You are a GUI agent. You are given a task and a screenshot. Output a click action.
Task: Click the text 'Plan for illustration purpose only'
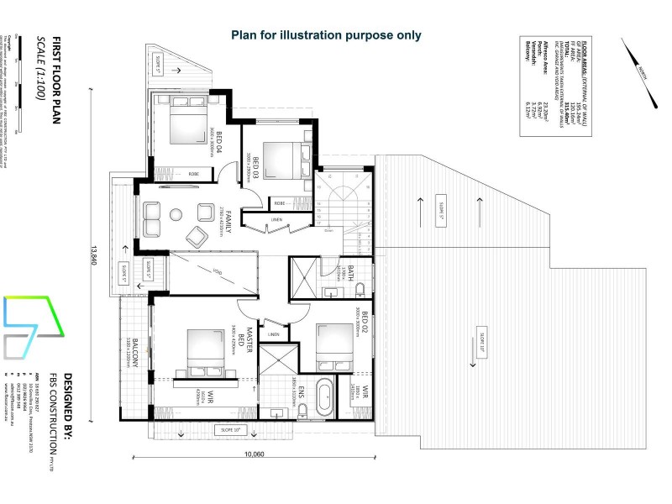326,35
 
